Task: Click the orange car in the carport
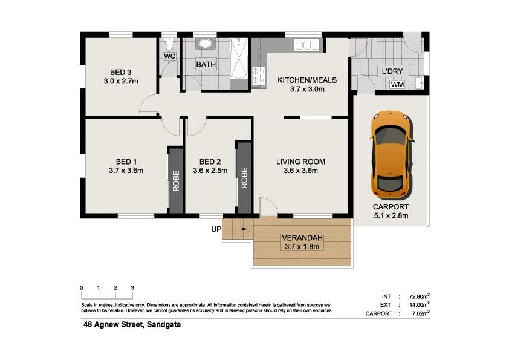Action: point(392,155)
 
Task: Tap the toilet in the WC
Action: point(169,44)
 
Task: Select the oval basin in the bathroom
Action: point(206,44)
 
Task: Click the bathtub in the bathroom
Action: point(239,59)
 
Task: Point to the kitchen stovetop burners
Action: point(259,76)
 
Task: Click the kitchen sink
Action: point(306,45)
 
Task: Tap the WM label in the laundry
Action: point(397,85)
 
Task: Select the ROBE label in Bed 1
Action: point(176,181)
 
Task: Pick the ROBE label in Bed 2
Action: point(244,178)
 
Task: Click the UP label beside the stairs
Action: point(216,229)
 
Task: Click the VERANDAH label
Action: point(302,238)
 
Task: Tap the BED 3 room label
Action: point(121,73)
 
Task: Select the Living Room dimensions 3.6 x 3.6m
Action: point(300,171)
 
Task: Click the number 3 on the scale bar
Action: point(132,288)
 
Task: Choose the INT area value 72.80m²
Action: point(420,296)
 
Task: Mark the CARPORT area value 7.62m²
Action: point(421,313)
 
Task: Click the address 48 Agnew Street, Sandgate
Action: point(132,324)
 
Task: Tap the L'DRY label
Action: point(392,71)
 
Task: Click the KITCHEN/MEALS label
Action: point(307,80)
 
